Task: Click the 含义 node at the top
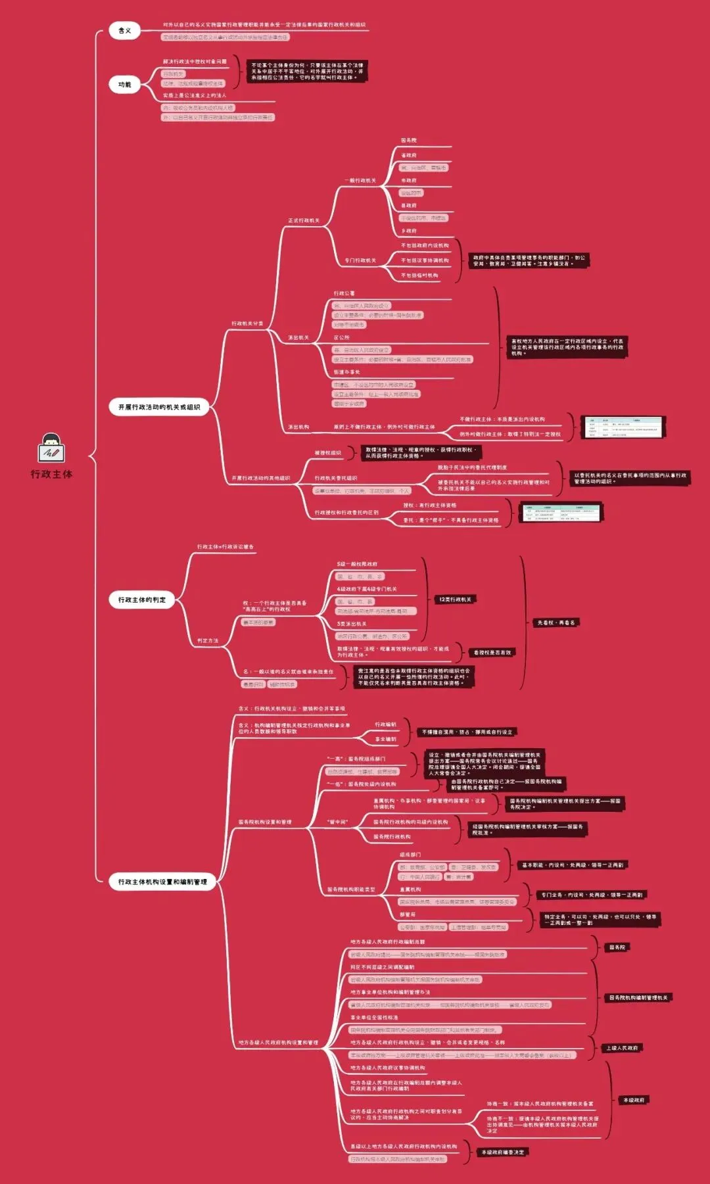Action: [x=124, y=31]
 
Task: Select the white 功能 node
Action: [x=124, y=85]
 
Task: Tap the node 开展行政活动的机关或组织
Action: [x=158, y=407]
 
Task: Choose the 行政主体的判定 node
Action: [x=141, y=600]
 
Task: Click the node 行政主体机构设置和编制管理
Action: [x=162, y=882]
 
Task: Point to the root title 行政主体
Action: [x=51, y=474]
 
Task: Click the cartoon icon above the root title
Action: [x=51, y=448]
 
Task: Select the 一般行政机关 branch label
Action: [x=360, y=180]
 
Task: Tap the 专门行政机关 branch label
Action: [x=360, y=260]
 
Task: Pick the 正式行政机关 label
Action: [x=303, y=220]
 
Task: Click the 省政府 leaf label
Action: [x=409, y=155]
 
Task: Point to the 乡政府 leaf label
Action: [x=409, y=231]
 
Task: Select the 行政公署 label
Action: [x=344, y=293]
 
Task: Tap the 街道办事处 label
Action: [x=346, y=372]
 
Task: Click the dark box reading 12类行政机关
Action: [x=455, y=600]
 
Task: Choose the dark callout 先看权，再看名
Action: [x=556, y=623]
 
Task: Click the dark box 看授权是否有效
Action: [x=492, y=652]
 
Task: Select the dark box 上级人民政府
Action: [x=622, y=1048]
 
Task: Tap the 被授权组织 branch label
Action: [x=327, y=453]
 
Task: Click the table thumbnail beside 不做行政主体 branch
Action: [x=624, y=427]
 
